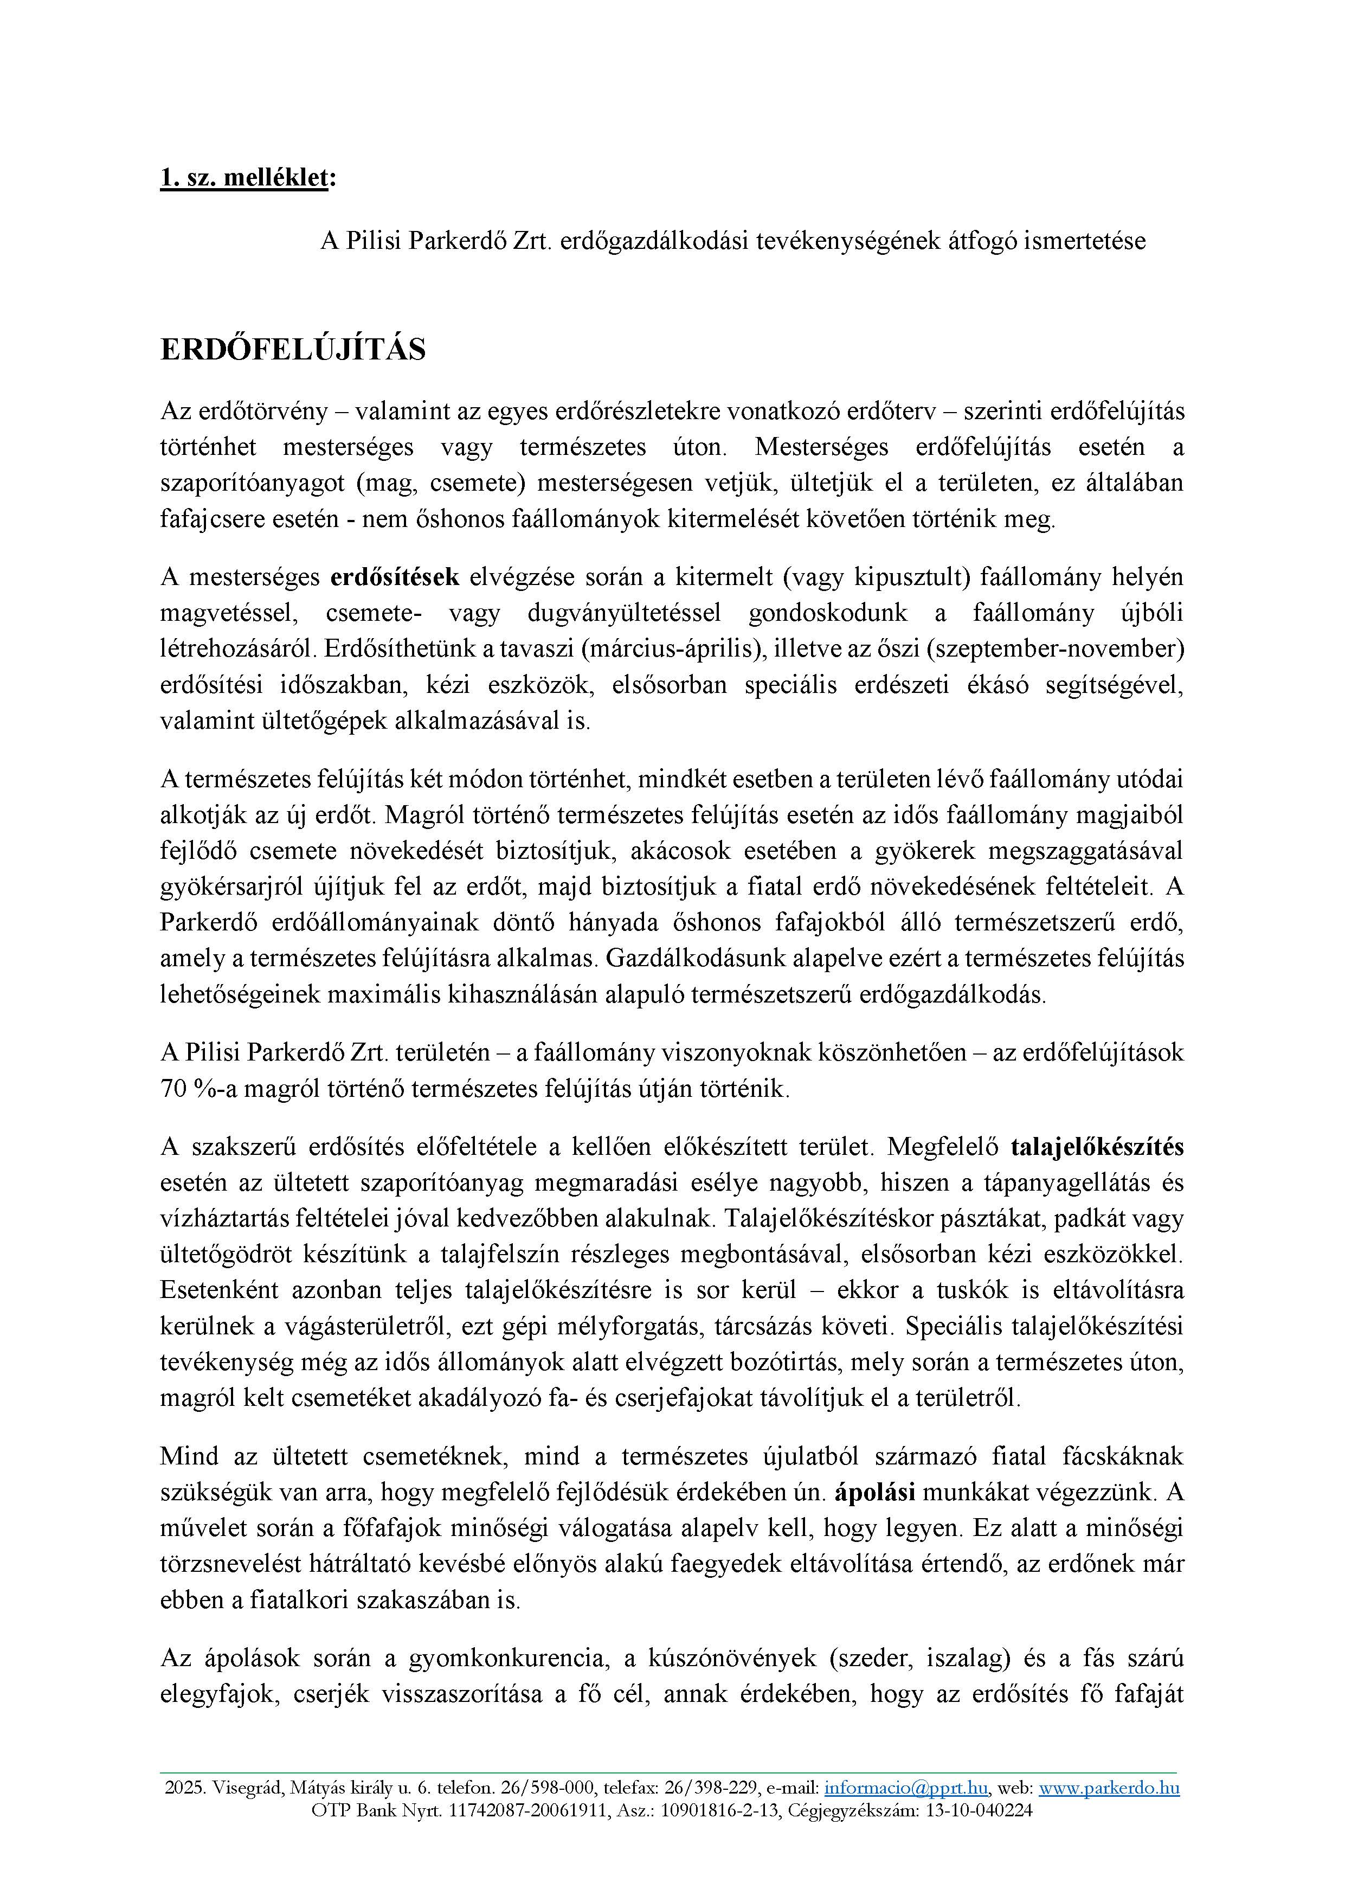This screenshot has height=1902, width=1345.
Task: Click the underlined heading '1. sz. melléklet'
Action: (x=244, y=178)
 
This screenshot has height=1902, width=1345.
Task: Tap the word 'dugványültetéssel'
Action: (x=623, y=613)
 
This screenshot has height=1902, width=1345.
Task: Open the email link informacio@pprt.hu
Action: (x=906, y=1788)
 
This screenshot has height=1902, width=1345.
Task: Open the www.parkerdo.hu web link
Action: (x=1109, y=1788)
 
